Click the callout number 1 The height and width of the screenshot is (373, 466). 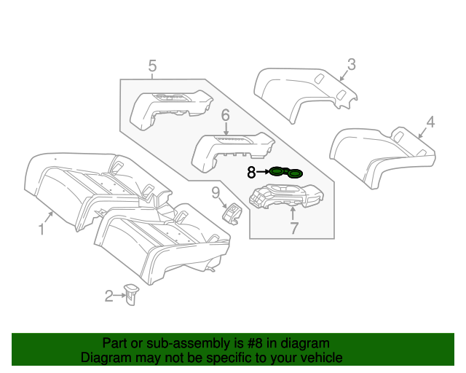[42, 229]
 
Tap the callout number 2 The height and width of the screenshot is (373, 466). [108, 296]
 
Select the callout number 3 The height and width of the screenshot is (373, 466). [351, 65]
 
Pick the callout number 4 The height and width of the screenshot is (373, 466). [430, 122]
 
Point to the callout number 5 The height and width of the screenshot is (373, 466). [152, 67]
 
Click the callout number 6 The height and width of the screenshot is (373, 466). [225, 115]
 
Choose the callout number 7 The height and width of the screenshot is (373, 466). [294, 229]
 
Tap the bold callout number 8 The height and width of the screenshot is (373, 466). [251, 173]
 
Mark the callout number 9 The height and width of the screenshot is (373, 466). [216, 192]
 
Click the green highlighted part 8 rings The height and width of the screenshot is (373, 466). [286, 173]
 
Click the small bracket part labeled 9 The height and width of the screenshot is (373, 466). [232, 213]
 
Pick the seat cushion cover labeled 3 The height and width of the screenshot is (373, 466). [302, 92]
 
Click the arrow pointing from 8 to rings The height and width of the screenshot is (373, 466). [262, 173]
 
